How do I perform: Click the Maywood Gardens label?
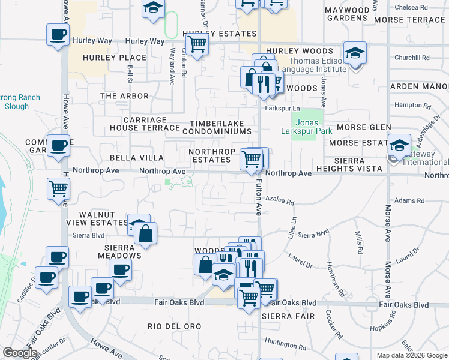347,14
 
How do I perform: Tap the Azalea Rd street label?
280,203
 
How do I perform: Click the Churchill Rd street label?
412,58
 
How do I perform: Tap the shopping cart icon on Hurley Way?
197,43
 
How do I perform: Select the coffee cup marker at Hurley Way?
58,34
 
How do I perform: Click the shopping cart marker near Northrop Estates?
251,160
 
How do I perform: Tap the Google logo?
20,352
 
